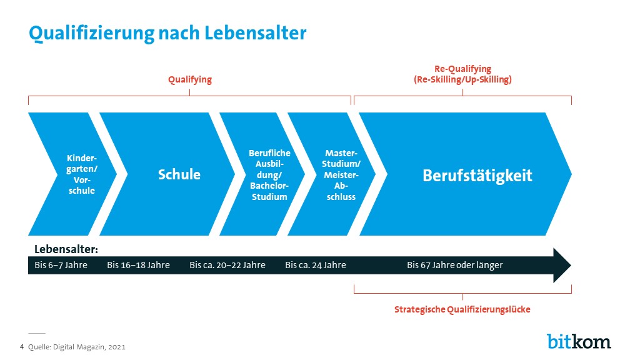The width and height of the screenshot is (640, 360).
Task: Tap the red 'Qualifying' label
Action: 190,79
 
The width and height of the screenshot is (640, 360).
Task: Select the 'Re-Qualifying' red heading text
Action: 462,69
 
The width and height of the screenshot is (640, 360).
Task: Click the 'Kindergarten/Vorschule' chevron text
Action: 82,174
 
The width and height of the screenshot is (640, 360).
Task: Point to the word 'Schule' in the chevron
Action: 179,175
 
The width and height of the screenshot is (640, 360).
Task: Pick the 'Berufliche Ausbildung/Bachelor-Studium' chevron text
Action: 269,175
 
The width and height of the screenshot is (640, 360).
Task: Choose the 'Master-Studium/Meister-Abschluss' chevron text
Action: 341,175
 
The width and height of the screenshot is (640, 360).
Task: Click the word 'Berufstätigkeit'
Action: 477,176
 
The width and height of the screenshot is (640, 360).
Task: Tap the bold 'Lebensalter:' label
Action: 66,249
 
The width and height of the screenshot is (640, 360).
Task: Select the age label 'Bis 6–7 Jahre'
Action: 61,265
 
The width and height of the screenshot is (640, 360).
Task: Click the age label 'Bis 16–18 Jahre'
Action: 138,265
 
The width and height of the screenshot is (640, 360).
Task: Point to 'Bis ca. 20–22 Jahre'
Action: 227,265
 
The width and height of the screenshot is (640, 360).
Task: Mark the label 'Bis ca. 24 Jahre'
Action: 316,265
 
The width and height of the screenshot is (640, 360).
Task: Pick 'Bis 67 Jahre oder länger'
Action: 455,265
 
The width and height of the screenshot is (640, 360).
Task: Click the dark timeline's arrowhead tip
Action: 571,265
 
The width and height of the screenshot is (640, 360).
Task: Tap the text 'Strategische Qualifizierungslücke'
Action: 462,309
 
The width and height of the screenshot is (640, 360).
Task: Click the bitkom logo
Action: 579,341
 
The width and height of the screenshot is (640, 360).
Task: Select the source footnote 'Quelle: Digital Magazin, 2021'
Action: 77,347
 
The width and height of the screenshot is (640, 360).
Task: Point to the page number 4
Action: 22,347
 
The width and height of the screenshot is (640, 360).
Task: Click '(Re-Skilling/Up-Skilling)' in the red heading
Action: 462,79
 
